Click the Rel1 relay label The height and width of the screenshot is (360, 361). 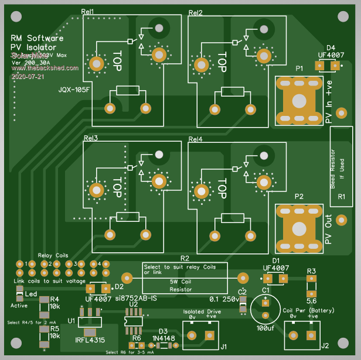point(88,12)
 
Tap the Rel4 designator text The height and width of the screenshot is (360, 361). point(196,139)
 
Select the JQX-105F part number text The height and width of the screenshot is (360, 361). point(74,90)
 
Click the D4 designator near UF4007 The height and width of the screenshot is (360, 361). point(331,47)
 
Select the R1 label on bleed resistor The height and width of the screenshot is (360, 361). point(342,199)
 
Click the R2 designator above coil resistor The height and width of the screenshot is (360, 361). point(185,258)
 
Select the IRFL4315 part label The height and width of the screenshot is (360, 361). point(91,340)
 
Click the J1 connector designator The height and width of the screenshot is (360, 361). point(223,346)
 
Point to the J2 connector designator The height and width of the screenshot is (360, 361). point(325,345)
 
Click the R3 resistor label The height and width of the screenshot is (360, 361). point(311,271)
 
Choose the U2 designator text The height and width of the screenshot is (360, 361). point(133,305)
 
